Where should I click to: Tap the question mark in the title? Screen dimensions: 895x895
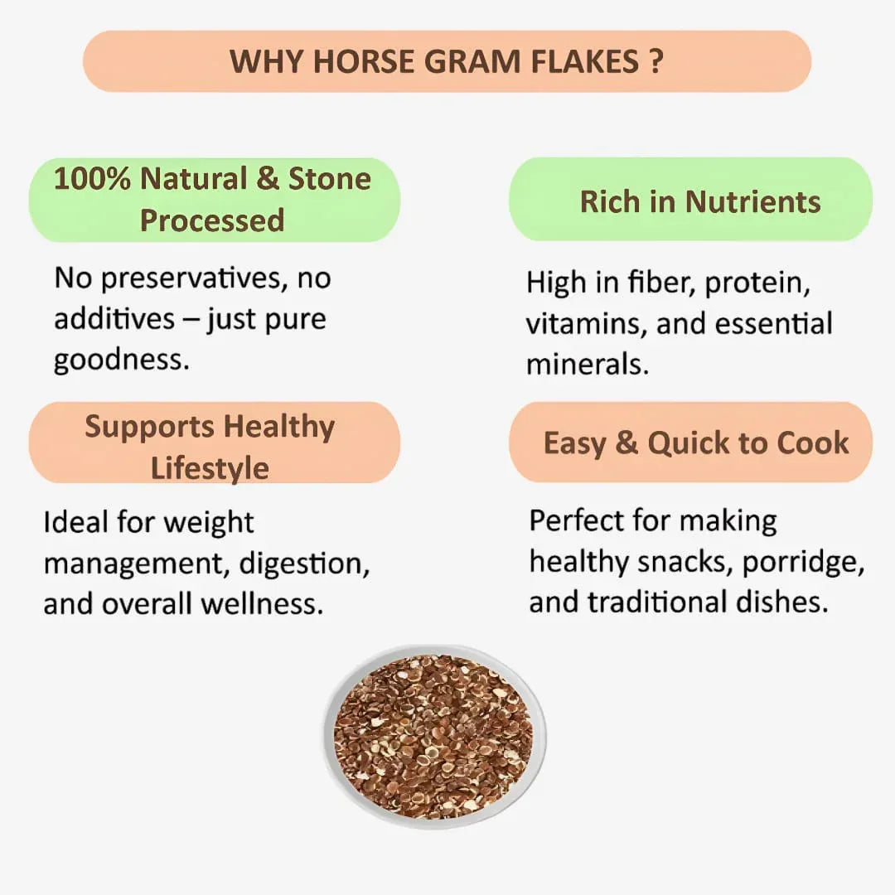[656, 61]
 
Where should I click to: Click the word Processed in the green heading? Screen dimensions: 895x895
[212, 220]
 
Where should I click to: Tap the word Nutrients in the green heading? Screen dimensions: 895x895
[752, 201]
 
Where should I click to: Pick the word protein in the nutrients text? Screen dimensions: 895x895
[757, 283]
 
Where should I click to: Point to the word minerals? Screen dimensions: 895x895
[587, 365]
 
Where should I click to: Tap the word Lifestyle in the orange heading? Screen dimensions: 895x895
[210, 468]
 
